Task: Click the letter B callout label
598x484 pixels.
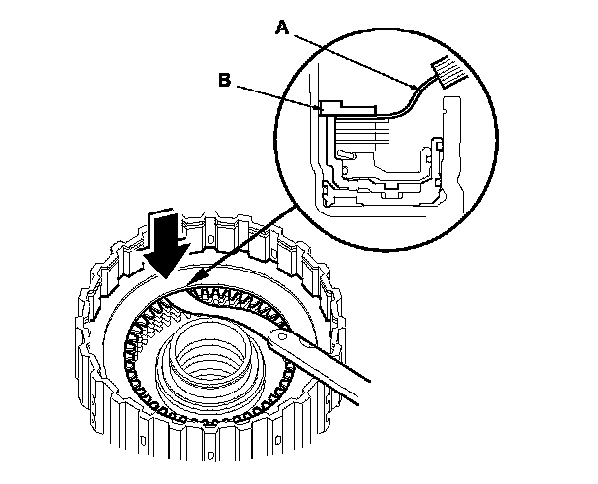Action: [225, 82]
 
